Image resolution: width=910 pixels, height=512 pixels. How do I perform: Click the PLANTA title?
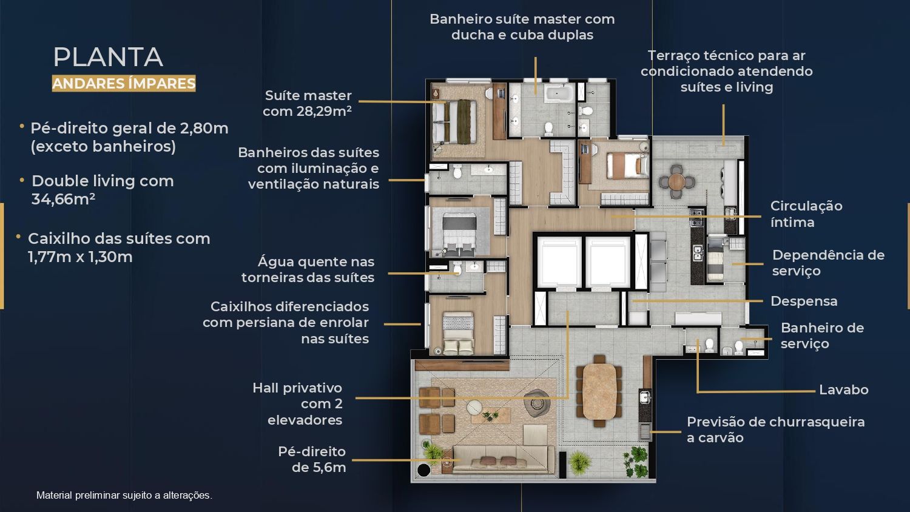pos(108,57)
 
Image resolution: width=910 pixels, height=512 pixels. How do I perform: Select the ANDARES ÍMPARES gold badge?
pos(124,83)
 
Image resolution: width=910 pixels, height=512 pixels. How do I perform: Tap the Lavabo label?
pos(843,389)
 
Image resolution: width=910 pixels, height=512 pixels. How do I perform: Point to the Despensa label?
pos(804,301)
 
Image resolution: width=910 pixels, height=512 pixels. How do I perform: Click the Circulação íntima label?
pos(806,214)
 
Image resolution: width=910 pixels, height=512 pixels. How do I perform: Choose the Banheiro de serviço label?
pos(822,335)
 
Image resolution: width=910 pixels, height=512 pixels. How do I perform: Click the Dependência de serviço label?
pos(828,263)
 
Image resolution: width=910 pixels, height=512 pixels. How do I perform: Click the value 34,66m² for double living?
pos(63,199)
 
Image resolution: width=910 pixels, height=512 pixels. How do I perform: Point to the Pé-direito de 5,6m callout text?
pos(312,459)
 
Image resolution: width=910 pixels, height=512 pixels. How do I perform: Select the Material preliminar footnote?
pos(124,496)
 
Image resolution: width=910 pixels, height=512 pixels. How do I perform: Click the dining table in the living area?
pos(599,391)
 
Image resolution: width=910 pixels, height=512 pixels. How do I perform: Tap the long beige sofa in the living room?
pos(504,460)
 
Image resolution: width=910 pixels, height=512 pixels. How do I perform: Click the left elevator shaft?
pos(559,261)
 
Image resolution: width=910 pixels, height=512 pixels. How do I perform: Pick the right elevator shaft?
pos(608,261)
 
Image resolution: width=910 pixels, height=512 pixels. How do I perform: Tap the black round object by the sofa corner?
pos(423,470)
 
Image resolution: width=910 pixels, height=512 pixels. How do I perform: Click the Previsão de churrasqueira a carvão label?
pos(775,429)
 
